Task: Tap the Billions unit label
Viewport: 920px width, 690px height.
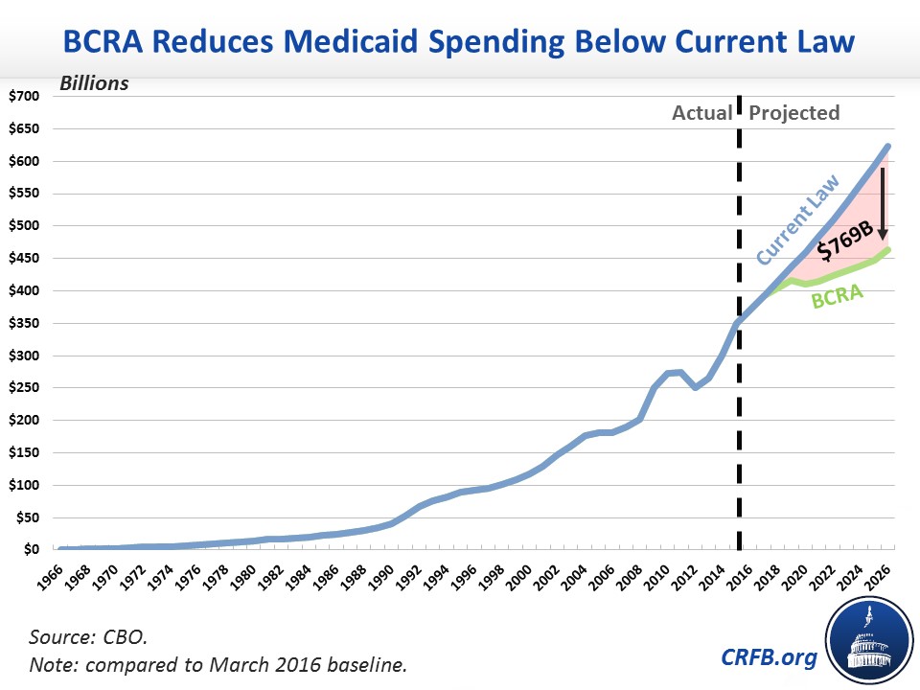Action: [x=94, y=83]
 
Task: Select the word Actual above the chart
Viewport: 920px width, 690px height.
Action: [x=701, y=113]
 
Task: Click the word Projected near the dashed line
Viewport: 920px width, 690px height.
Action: [x=794, y=113]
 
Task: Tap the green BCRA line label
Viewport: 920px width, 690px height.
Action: [x=837, y=296]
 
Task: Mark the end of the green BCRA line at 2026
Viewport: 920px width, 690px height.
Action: [x=887, y=250]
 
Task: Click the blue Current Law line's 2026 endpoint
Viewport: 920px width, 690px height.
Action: [x=887, y=147]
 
